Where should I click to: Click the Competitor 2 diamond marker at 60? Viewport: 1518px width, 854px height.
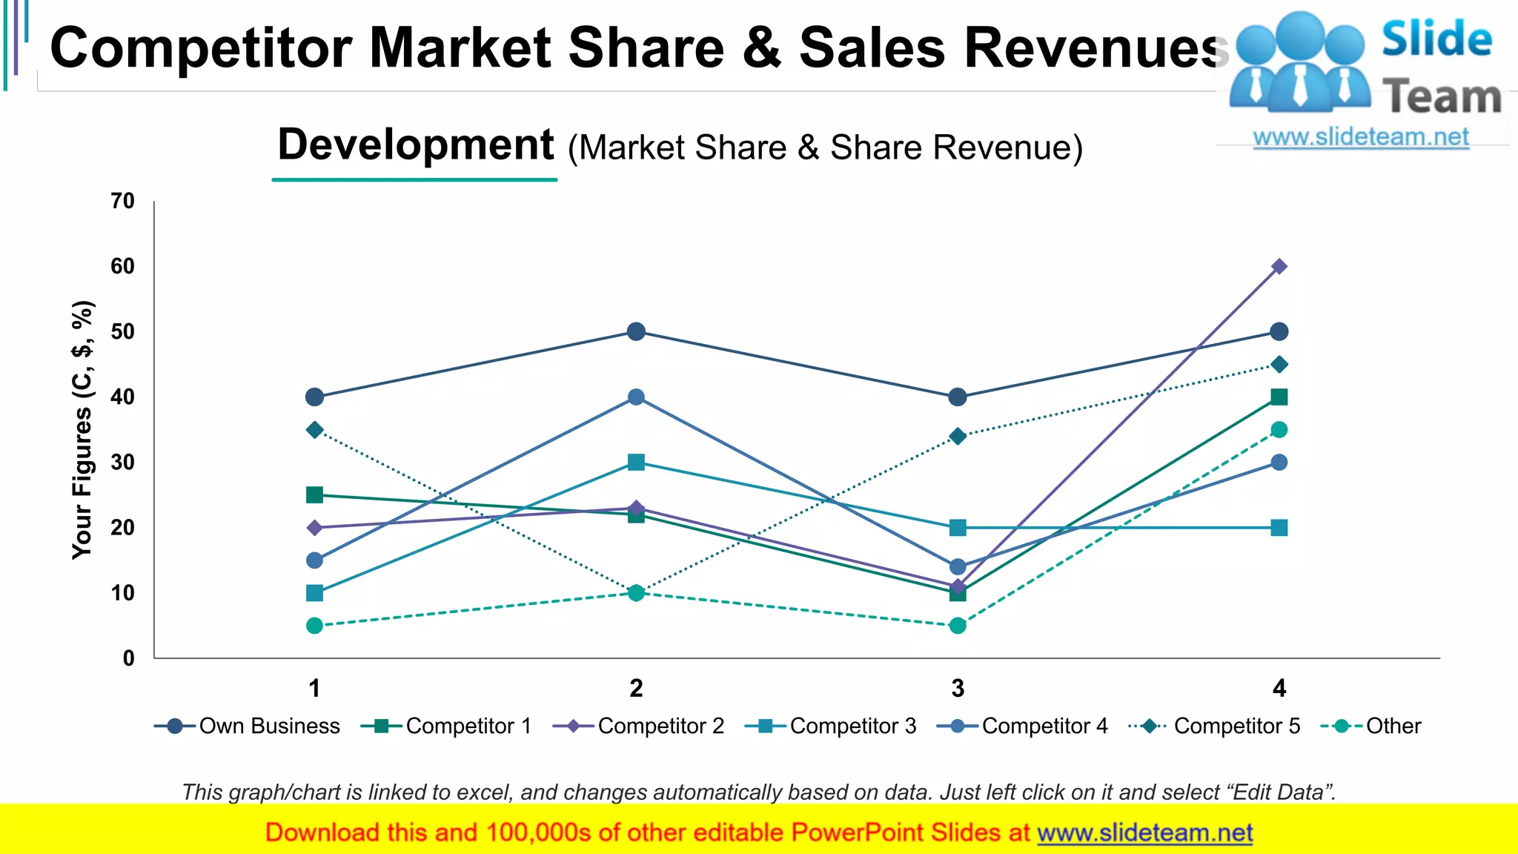pos(1279,266)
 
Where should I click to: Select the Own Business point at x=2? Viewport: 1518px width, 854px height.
pos(636,331)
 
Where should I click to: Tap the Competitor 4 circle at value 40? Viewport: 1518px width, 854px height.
pos(636,397)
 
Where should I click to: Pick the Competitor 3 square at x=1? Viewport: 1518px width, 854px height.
pos(314,593)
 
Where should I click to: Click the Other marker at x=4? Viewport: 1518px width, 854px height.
pos(1279,430)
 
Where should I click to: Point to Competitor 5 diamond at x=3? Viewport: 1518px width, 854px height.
pos(958,436)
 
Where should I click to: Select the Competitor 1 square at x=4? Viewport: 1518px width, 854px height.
pos(1279,397)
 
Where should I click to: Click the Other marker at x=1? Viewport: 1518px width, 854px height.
pos(314,626)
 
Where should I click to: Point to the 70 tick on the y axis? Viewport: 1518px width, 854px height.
pos(123,201)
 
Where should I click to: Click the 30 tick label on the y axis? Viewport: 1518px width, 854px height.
pos(123,463)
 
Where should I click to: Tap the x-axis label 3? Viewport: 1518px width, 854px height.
pos(958,689)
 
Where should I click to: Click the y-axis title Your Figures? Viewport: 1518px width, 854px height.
pos(82,430)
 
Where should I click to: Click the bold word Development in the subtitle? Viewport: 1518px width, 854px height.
pos(415,145)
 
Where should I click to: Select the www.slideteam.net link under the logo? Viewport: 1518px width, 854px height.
pos(1361,137)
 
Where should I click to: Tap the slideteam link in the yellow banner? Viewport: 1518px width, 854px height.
pos(1144,833)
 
